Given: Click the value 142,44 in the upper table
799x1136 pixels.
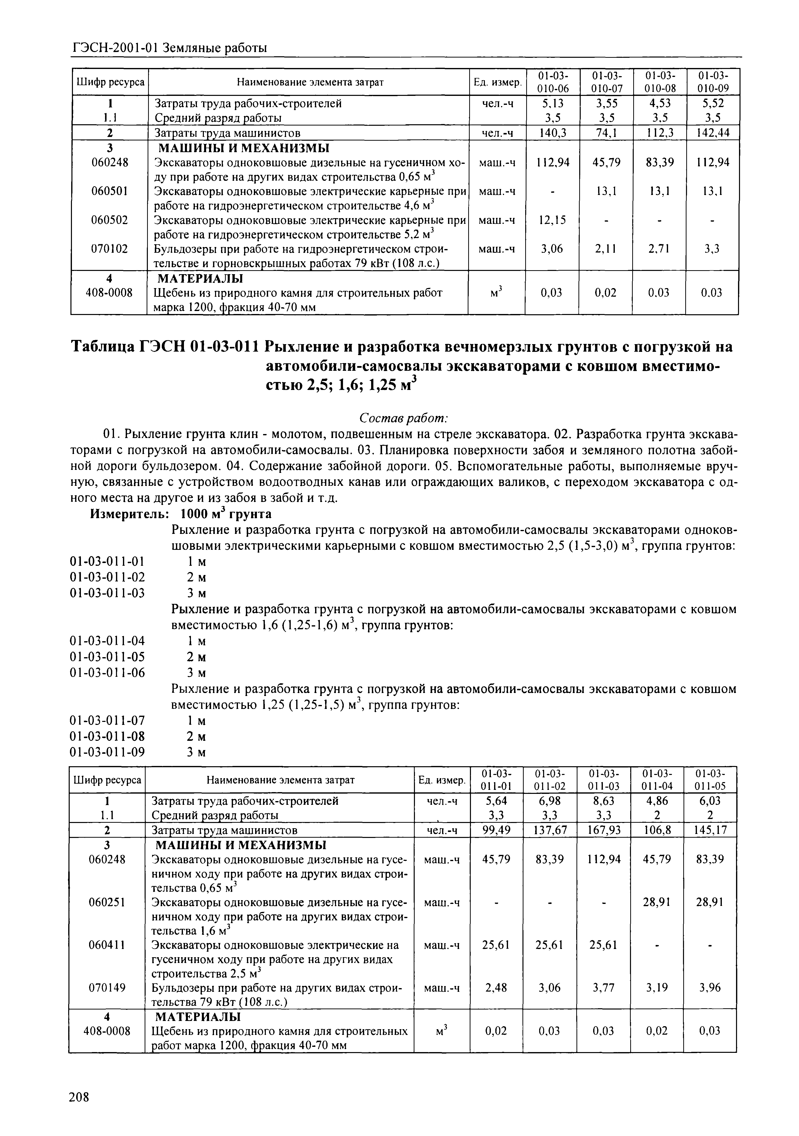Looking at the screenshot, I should [x=712, y=132].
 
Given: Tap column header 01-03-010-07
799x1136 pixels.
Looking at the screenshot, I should [x=606, y=82].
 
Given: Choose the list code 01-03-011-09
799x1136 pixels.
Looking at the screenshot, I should [x=108, y=752].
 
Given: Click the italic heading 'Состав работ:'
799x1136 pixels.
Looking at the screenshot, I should [x=403, y=418].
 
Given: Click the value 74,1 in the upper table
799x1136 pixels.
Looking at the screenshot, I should [x=606, y=132].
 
